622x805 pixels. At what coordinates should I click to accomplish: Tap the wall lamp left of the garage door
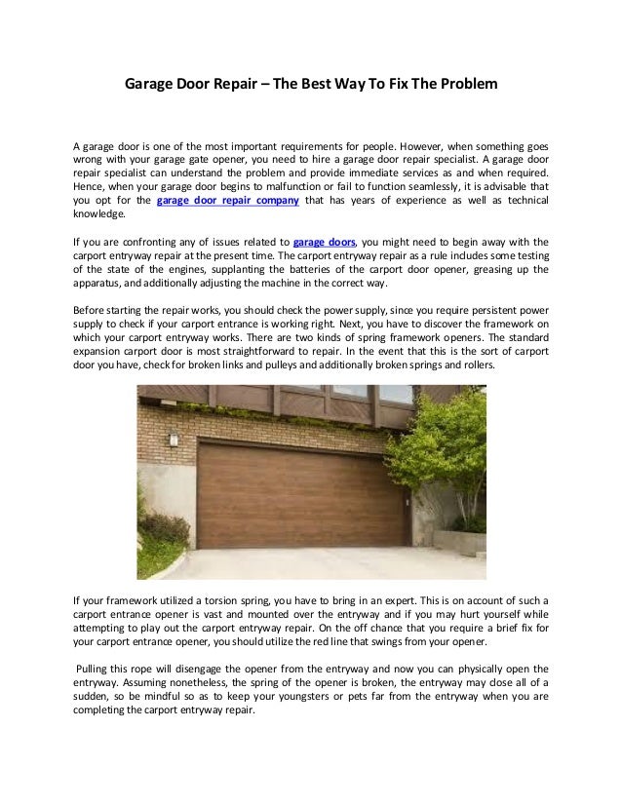point(175,439)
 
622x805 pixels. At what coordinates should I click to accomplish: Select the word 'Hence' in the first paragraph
point(90,185)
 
